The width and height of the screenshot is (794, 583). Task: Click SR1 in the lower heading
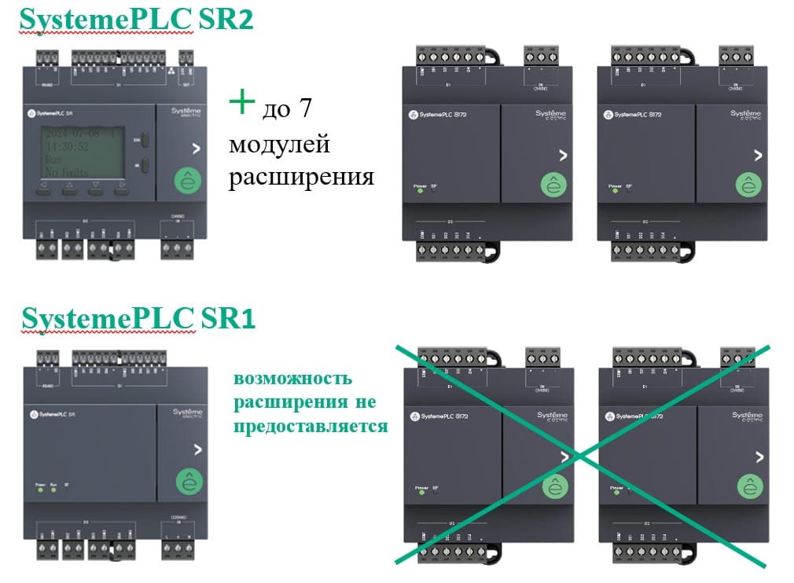[228, 319]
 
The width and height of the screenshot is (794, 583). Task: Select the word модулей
[280, 145]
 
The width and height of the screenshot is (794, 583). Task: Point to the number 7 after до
[303, 109]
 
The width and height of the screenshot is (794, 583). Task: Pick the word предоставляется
[313, 426]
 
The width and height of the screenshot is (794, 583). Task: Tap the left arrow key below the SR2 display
[43, 188]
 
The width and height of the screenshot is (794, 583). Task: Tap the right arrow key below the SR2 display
[122, 188]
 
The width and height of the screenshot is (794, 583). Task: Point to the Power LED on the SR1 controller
[39, 492]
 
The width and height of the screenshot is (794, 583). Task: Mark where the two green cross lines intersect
[579, 454]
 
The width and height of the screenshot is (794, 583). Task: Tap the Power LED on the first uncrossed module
[420, 189]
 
